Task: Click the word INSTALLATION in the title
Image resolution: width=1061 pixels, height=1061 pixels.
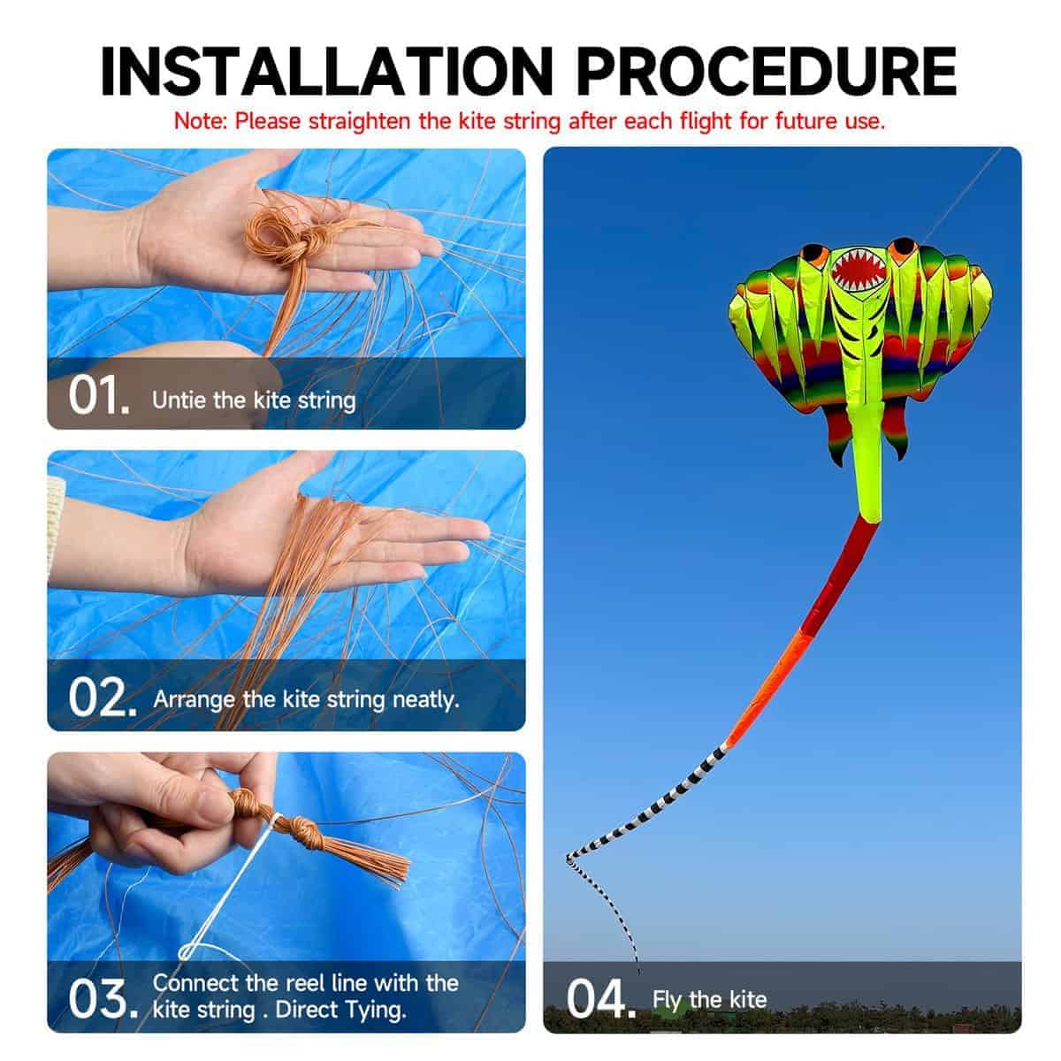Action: click(326, 73)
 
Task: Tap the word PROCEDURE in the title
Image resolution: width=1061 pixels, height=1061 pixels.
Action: click(767, 73)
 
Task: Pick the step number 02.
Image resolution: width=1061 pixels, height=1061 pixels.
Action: click(102, 697)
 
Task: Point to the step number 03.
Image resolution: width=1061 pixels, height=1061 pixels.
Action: click(103, 998)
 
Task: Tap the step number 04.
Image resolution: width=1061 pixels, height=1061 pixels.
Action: click(600, 998)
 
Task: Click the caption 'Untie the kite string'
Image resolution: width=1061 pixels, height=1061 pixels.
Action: click(254, 401)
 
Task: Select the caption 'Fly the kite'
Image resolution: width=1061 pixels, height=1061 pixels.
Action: click(709, 999)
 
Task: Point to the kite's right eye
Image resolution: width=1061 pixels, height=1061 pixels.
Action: click(904, 248)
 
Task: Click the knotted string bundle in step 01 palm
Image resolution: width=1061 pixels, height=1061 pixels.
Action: click(281, 232)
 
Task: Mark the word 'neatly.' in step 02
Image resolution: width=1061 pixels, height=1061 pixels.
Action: click(425, 700)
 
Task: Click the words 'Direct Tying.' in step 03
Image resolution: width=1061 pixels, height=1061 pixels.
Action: click(340, 1009)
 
